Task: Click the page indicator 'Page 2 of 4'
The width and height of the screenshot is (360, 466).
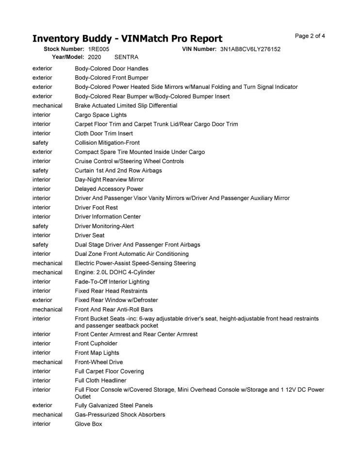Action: pyautogui.click(x=310, y=36)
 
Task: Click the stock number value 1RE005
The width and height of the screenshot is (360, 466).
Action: pyautogui.click(x=98, y=50)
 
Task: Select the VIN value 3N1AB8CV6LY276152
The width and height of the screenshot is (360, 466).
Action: pyautogui.click(x=250, y=50)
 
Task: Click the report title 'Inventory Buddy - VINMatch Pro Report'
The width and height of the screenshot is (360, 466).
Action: pyautogui.click(x=127, y=39)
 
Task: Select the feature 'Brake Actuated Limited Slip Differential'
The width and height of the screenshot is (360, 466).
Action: pyautogui.click(x=126, y=105)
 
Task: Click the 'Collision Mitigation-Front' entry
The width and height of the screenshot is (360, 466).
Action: pyautogui.click(x=107, y=143)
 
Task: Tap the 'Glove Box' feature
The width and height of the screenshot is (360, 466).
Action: pyautogui.click(x=88, y=424)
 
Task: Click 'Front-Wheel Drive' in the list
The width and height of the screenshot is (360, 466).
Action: pyautogui.click(x=98, y=362)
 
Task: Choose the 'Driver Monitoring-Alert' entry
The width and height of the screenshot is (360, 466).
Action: pyautogui.click(x=104, y=226)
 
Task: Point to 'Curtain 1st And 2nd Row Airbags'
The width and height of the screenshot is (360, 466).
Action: pyautogui.click(x=118, y=170)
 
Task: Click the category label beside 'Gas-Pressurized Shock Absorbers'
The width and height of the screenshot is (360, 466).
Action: pyautogui.click(x=47, y=415)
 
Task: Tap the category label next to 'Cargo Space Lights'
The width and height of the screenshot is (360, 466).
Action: pyautogui.click(x=41, y=115)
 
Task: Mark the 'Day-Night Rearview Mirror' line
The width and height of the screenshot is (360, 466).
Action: pyautogui.click(x=109, y=180)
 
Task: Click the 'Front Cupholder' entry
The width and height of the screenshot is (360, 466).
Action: pyautogui.click(x=96, y=343)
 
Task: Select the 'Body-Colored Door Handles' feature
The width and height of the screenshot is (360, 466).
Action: pyautogui.click(x=112, y=68)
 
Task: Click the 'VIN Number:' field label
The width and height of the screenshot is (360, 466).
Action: pyautogui.click(x=199, y=50)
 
